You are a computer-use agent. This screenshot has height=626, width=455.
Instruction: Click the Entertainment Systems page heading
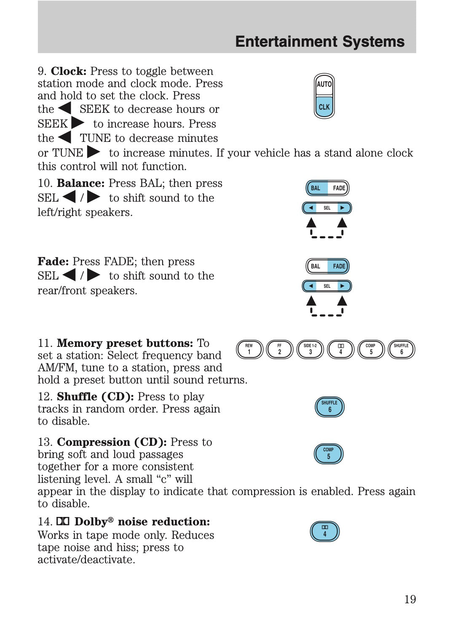point(320,42)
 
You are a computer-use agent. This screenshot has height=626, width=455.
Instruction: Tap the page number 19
point(409,599)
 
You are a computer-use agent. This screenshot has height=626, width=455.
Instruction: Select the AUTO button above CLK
point(324,84)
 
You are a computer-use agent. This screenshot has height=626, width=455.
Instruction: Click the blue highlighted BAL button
point(316,188)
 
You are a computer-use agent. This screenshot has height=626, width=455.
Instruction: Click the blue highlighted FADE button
point(339,266)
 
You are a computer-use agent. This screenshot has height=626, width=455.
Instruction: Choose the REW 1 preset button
point(249,349)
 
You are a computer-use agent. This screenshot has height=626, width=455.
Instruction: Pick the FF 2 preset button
point(280,349)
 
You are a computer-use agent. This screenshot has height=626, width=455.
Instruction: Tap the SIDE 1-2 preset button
point(310,349)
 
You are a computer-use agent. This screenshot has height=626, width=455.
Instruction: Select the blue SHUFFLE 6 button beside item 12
point(329,407)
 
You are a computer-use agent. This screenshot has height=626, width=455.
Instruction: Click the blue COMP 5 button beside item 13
point(329,453)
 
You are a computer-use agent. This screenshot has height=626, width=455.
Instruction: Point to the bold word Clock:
point(69,71)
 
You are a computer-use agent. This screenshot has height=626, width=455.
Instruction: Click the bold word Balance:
point(80,183)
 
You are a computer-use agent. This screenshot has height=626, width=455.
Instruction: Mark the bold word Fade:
point(53,261)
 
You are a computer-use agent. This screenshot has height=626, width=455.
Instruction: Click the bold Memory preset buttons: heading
point(125,343)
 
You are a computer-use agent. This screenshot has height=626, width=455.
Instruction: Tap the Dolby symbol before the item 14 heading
point(63,522)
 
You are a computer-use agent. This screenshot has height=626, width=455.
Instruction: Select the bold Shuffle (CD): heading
point(95,397)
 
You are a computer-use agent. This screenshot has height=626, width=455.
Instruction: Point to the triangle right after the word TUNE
point(94,152)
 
